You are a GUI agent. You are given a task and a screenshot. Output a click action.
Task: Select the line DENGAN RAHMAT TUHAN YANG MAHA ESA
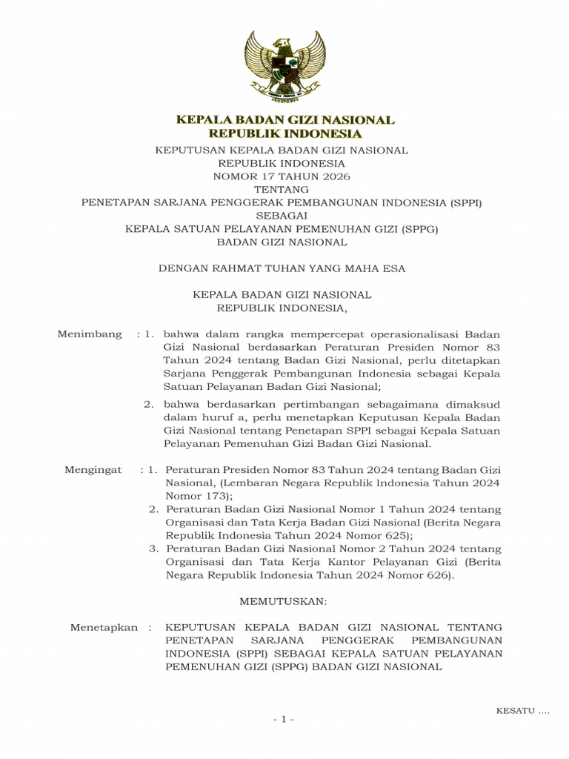point(282,268)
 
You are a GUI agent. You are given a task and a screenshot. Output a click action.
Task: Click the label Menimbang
point(90,334)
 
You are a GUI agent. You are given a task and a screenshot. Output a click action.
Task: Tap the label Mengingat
point(93,470)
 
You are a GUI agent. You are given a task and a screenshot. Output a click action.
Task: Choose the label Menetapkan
point(104,627)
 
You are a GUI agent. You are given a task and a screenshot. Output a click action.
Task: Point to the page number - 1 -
point(284,720)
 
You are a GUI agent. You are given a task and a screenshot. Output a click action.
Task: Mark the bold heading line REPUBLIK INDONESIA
point(284,134)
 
